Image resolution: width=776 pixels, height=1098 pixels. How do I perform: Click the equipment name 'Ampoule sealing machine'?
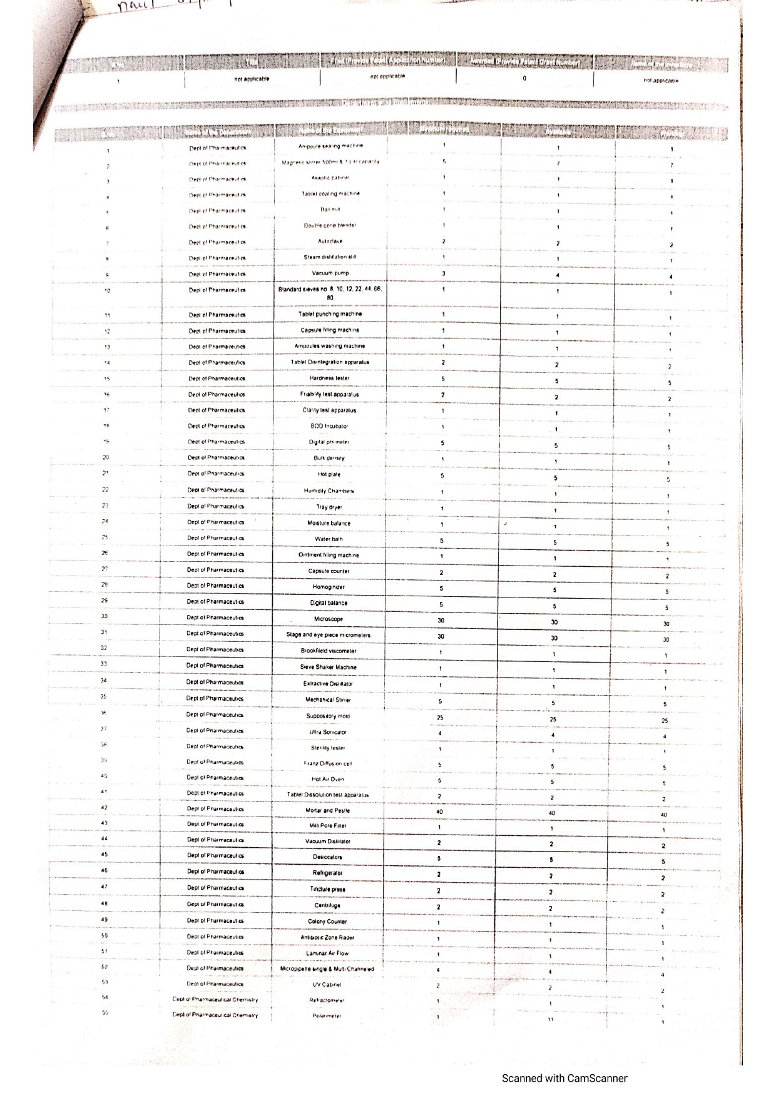click(x=330, y=146)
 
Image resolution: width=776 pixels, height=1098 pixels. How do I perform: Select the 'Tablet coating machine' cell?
click(x=330, y=194)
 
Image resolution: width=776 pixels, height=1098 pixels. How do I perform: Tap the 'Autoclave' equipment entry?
click(x=330, y=241)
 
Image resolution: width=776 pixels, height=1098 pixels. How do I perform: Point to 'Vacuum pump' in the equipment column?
click(x=330, y=273)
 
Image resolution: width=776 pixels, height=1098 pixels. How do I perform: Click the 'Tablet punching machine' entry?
click(x=330, y=314)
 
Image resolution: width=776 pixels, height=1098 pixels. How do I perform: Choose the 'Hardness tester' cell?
click(x=329, y=379)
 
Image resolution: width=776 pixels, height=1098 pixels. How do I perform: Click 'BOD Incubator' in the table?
click(x=329, y=426)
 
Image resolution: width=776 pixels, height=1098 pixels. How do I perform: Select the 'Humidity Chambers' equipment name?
click(x=329, y=491)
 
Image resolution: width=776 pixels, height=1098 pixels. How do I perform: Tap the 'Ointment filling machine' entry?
click(x=329, y=555)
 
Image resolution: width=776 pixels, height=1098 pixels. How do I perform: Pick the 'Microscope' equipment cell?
click(x=329, y=619)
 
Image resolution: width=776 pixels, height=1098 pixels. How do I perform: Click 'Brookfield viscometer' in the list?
click(x=329, y=651)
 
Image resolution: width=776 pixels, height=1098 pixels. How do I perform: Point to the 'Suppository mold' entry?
click(x=328, y=716)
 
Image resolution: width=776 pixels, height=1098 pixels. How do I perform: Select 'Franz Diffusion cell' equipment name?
click(x=328, y=763)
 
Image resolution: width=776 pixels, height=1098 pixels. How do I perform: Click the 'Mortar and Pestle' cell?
click(x=327, y=810)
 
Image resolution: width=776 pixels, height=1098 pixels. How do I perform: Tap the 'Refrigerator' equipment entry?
click(x=327, y=873)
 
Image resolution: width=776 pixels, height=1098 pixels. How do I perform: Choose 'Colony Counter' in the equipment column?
click(x=327, y=922)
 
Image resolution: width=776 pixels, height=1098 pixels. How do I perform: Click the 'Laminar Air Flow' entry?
click(x=327, y=953)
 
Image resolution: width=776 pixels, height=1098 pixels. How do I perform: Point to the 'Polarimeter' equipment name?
click(x=327, y=1016)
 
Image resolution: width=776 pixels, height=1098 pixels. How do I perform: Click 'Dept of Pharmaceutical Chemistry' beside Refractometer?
click(x=215, y=1000)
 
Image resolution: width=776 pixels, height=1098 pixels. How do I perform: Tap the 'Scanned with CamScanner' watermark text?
click(x=564, y=1078)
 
